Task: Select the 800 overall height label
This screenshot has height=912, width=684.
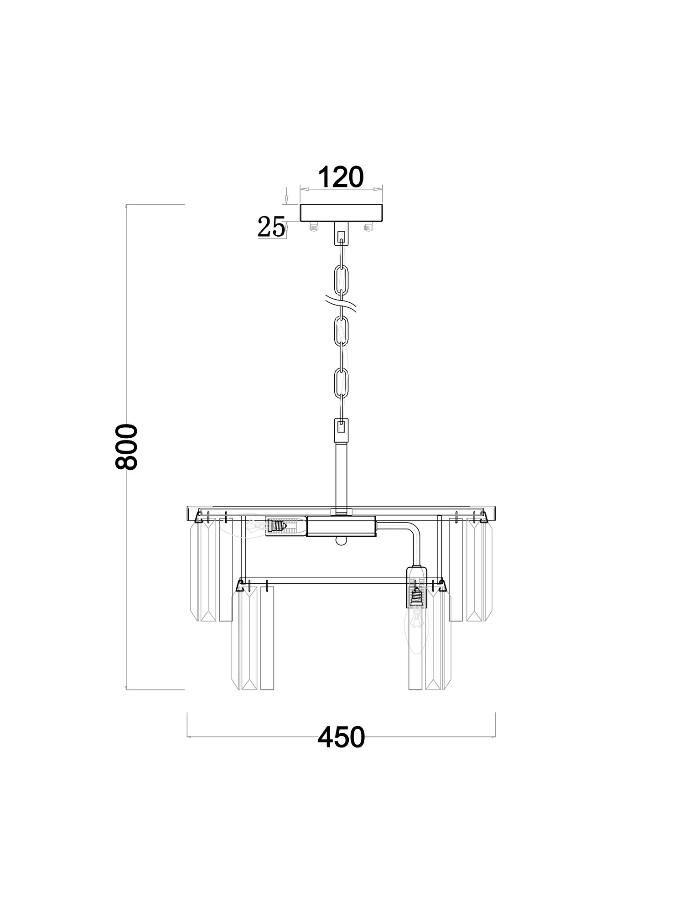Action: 126,447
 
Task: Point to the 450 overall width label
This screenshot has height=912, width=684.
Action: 341,737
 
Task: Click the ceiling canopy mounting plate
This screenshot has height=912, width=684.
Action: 341,212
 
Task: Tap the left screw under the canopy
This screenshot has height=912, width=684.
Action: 314,227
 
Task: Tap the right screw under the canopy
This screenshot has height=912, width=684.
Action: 368,227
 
